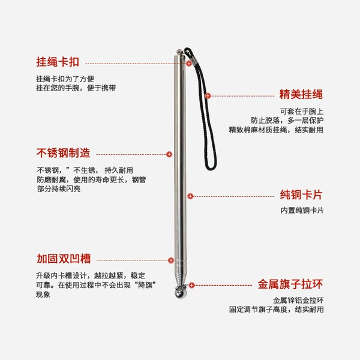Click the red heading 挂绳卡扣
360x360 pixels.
[58, 62]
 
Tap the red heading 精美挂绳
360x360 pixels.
[301, 94]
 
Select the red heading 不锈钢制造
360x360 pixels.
[63, 153]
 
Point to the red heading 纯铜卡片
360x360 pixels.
[301, 194]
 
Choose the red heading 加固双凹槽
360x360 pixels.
[64, 259]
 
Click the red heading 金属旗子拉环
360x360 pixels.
[290, 284]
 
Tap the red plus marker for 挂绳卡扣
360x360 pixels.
[189, 64]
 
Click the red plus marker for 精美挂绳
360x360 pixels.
[208, 96]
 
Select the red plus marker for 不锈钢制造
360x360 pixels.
[169, 154]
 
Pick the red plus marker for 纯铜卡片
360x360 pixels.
[190, 196]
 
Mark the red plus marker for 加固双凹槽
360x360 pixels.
[171, 260]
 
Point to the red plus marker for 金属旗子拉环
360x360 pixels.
[192, 285]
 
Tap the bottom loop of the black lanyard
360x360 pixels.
[210, 168]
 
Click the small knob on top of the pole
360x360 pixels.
[179, 52]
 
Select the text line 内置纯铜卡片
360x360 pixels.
[302, 211]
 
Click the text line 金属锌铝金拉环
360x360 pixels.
[298, 300]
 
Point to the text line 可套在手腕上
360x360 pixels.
[302, 112]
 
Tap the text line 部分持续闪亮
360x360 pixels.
[59, 189]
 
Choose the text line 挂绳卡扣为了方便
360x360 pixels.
[65, 79]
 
